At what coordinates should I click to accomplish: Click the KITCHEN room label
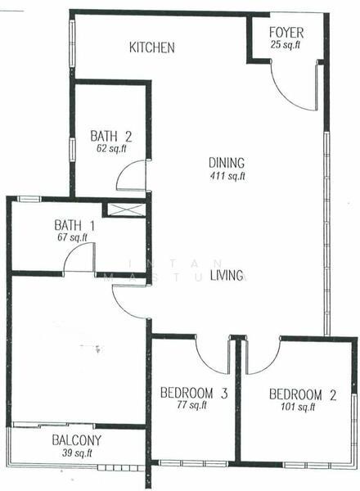click(x=152, y=47)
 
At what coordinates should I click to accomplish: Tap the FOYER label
click(x=286, y=33)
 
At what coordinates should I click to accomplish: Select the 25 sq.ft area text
click(x=286, y=45)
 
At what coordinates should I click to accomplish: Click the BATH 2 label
click(x=110, y=137)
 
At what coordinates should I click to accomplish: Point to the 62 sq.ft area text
click(x=111, y=148)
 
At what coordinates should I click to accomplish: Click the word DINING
click(x=227, y=163)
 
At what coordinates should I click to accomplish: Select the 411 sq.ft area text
click(x=227, y=176)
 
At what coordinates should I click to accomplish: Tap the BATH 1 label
click(x=74, y=225)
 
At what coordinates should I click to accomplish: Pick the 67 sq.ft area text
click(x=72, y=237)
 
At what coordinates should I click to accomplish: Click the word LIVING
click(x=227, y=275)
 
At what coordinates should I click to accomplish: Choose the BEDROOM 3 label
click(x=194, y=393)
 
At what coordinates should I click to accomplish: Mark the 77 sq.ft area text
click(x=191, y=405)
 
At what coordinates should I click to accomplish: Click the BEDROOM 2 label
click(x=303, y=394)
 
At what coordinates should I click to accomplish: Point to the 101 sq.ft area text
click(x=298, y=407)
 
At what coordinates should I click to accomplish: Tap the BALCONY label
click(x=77, y=440)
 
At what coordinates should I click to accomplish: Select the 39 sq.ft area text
click(x=77, y=453)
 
